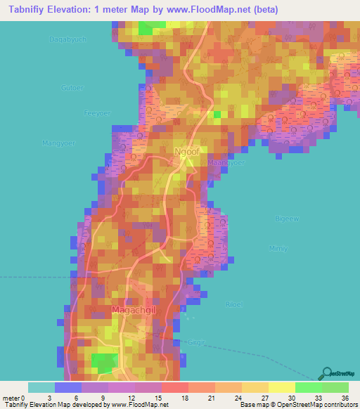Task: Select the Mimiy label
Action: (279, 249)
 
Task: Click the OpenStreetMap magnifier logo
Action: (327, 371)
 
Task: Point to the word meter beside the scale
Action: (13, 398)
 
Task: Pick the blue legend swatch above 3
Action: (67, 387)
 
